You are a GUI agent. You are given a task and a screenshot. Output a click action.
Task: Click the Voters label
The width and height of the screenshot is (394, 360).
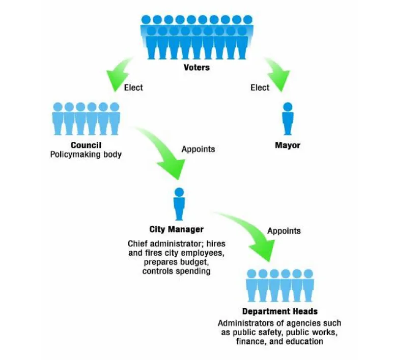click(x=196, y=67)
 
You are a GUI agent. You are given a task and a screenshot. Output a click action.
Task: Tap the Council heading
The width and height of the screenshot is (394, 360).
click(x=86, y=145)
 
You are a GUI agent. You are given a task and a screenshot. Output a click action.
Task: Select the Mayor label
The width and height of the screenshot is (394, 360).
click(x=288, y=145)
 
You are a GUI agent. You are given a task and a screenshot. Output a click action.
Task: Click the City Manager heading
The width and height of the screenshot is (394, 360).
click(x=176, y=230)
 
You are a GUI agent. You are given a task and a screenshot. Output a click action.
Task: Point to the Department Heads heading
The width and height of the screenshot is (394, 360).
click(x=279, y=312)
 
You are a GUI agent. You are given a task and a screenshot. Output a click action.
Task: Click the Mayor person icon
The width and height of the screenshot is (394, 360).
click(x=288, y=118)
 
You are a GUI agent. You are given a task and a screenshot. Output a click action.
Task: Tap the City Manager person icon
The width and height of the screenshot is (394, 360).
click(x=179, y=204)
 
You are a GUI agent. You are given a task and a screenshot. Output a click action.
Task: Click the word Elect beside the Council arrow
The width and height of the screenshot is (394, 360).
click(x=133, y=87)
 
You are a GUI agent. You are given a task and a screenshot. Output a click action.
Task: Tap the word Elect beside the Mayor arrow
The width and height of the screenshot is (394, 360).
click(x=260, y=87)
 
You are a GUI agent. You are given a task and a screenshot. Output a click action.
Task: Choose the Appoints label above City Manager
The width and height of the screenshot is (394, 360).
click(x=198, y=149)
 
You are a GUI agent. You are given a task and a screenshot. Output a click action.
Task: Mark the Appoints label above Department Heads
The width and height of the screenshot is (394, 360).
click(x=284, y=231)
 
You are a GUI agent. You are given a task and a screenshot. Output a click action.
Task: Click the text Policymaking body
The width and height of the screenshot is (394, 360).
click(x=86, y=155)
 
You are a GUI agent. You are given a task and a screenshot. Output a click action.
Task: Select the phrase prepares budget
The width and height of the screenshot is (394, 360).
click(x=176, y=262)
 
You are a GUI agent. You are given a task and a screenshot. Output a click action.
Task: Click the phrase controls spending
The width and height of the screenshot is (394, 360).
click(x=176, y=271)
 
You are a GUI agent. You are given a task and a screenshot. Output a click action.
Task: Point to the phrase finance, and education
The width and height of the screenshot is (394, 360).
click(x=279, y=341)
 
